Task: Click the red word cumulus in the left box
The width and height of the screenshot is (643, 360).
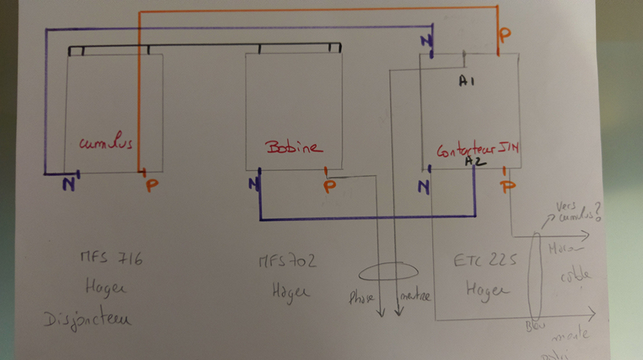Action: [106, 143]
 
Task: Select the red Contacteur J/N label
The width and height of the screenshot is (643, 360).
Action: [478, 152]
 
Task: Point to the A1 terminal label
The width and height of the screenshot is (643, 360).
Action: [467, 82]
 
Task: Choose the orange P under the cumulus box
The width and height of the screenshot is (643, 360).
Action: [151, 186]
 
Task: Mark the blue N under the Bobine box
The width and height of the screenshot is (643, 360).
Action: [254, 186]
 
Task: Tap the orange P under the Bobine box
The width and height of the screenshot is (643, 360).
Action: [329, 186]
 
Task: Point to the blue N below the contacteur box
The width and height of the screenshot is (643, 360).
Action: [422, 187]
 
